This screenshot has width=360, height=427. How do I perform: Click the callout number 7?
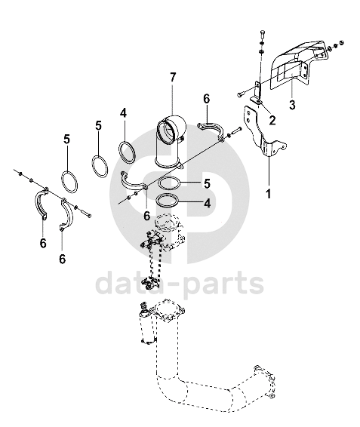173,78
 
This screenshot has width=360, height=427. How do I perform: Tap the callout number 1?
269,194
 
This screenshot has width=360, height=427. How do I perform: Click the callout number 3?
292,104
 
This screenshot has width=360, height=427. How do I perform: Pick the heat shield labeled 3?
300,65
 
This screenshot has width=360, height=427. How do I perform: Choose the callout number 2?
272,120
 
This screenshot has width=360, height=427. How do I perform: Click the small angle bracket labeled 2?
257,93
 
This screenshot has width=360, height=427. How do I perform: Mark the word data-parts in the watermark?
180,284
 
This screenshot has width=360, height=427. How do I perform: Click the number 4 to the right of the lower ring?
208,203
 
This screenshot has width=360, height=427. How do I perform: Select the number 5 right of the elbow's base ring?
207,183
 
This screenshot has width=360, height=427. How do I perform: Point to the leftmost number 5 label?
66,139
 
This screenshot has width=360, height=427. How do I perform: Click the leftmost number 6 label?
43,243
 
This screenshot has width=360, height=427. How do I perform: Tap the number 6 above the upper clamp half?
207,99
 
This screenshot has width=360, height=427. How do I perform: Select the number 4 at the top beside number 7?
123,112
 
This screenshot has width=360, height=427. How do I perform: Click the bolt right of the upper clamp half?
235,131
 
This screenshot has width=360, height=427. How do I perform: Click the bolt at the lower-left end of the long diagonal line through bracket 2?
240,95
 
